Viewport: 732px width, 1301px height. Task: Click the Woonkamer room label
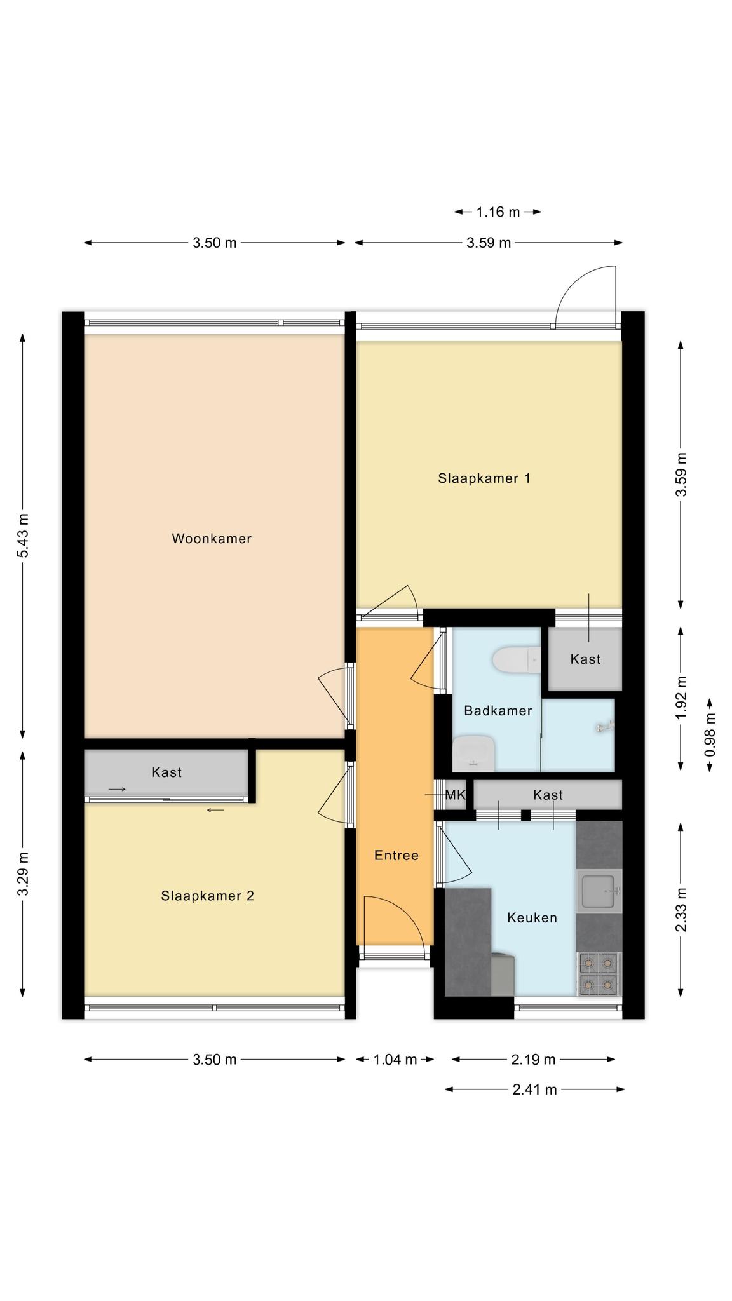click(212, 539)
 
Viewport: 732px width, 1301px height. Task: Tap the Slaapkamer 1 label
click(484, 478)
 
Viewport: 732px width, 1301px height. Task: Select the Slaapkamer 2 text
click(208, 896)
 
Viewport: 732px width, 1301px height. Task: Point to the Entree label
click(396, 855)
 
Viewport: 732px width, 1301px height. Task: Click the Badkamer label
click(498, 710)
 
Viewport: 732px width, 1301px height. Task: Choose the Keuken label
click(532, 917)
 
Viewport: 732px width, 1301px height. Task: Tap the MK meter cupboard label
click(456, 795)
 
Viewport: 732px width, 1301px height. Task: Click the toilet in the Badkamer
click(515, 659)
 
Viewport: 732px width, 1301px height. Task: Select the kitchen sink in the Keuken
click(599, 891)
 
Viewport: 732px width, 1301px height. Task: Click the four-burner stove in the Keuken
click(599, 974)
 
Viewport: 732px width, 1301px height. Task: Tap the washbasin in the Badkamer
click(473, 753)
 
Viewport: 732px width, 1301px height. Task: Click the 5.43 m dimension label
click(23, 536)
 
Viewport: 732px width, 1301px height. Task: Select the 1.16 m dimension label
click(498, 212)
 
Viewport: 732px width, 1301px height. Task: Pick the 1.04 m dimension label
click(395, 1059)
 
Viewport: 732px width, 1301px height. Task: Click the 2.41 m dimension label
click(535, 1089)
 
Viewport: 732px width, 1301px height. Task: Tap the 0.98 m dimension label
click(710, 734)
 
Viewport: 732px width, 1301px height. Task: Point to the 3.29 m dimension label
click(23, 873)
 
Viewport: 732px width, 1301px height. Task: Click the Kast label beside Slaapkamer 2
click(166, 772)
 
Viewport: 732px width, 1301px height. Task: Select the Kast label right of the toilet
click(585, 659)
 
